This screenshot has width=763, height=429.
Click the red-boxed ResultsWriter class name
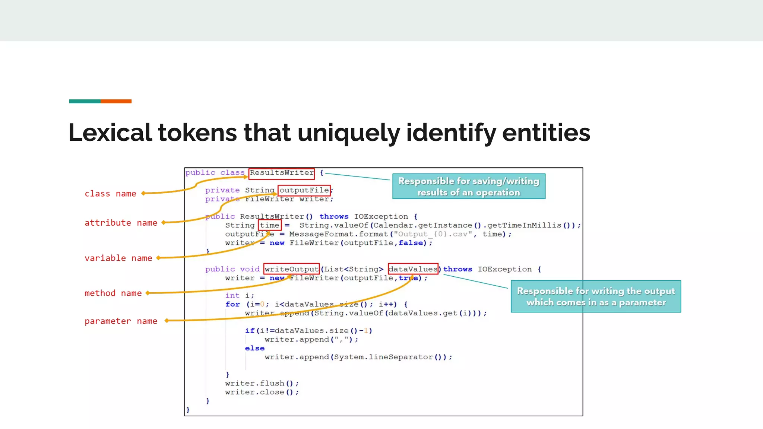282,173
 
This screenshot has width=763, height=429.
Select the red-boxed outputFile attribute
304,190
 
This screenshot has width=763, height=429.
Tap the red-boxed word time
269,225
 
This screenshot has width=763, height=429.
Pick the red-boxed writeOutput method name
291,269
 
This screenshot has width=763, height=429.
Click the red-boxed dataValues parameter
413,269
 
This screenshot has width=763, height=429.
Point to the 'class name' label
110,194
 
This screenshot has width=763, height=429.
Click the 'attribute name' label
121,223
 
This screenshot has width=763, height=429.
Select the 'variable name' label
118,258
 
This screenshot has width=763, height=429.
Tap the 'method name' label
113,293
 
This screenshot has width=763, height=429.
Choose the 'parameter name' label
121,321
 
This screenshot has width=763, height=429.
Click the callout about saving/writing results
469,187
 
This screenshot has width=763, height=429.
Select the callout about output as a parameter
595,296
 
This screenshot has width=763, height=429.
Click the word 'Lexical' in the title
110,133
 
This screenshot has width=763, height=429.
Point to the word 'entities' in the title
546,133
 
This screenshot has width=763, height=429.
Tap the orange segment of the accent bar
116,101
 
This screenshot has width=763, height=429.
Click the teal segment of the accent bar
85,101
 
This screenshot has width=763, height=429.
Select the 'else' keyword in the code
254,348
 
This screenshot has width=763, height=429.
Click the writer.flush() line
262,383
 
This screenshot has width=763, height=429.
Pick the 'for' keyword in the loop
232,304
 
